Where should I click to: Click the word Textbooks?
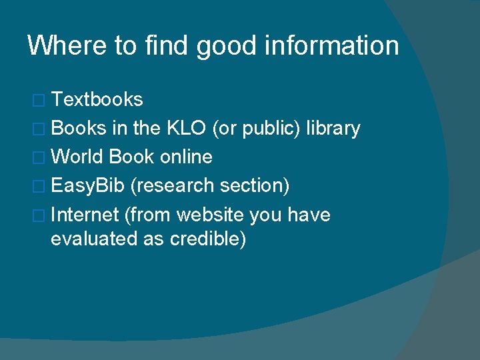[x=97, y=100]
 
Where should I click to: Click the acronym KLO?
[x=183, y=129]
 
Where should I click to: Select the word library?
[x=333, y=129]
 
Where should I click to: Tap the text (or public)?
[x=256, y=129]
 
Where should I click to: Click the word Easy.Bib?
[x=87, y=186]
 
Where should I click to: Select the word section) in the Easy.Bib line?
[x=256, y=186]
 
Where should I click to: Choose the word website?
[x=211, y=215]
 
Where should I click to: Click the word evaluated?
[x=94, y=239]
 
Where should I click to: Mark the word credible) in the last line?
[x=208, y=239]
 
